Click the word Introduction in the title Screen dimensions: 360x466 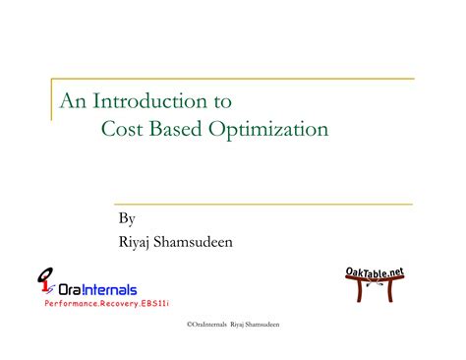(x=153, y=100)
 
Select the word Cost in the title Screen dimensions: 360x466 (x=122, y=129)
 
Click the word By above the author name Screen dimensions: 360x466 (x=126, y=219)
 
